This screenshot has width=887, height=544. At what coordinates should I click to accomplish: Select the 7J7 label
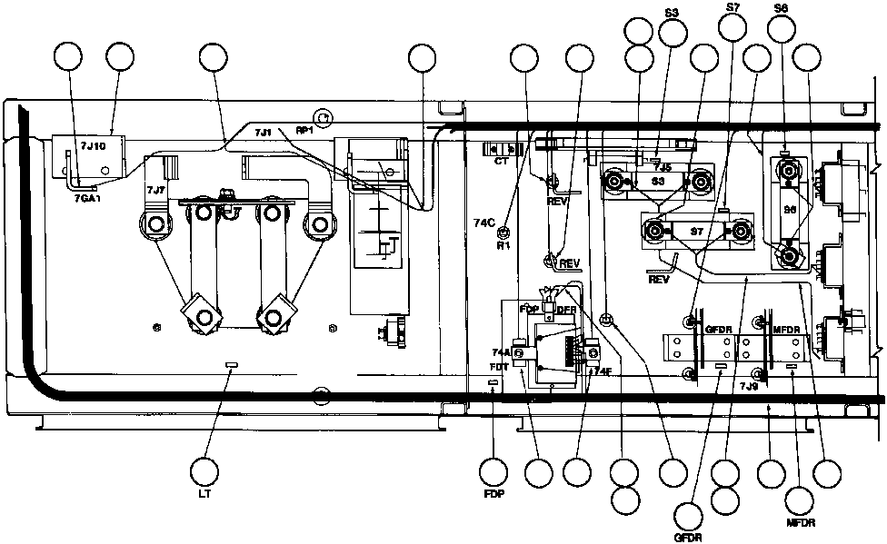(155, 190)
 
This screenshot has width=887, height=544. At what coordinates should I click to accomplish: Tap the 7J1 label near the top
(263, 134)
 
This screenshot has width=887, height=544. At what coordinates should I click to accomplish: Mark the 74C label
(484, 223)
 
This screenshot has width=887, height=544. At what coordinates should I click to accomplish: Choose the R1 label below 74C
(503, 245)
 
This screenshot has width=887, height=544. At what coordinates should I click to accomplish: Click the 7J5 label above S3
(662, 167)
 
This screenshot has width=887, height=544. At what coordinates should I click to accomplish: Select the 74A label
(500, 351)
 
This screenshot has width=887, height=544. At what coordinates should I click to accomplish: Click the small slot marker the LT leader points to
(231, 364)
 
